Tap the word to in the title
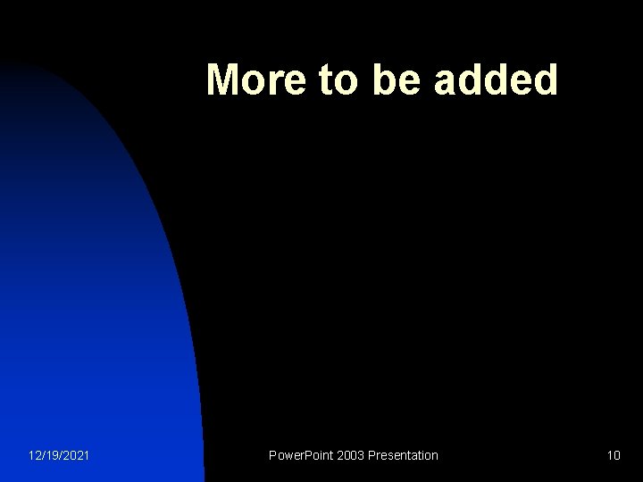[335, 80]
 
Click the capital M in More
[223, 80]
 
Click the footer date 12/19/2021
[59, 455]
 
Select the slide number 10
[613, 455]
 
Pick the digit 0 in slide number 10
[617, 455]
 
